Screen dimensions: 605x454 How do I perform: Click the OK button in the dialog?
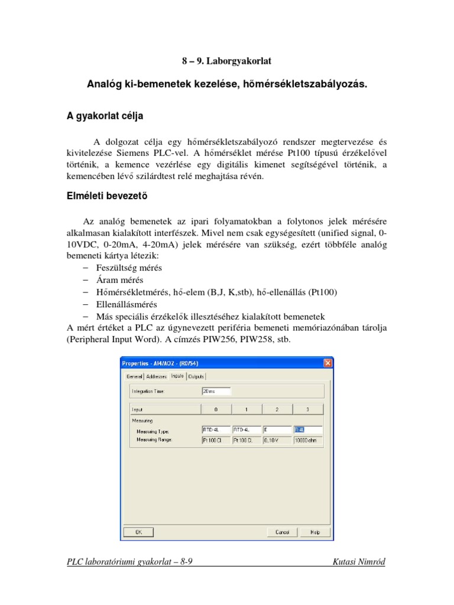(137, 532)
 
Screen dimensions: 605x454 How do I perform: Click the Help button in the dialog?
(315, 532)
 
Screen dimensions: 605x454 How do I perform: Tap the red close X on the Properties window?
(327, 363)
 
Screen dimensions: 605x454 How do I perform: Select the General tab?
(134, 376)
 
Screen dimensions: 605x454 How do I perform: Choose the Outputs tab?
(197, 376)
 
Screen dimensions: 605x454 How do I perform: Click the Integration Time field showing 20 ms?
(216, 391)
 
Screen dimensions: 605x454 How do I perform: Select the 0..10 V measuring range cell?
(277, 440)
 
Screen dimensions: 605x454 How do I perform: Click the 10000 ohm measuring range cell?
(307, 440)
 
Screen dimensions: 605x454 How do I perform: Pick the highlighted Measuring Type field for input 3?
(307, 431)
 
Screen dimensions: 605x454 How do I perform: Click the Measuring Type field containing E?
(277, 431)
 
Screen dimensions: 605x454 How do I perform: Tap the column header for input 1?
(247, 409)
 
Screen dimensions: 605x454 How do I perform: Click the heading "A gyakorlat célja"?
(105, 115)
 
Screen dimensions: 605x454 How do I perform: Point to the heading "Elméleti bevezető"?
(107, 198)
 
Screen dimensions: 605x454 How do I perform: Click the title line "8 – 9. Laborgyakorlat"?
(226, 61)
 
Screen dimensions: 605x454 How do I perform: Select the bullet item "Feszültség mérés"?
(129, 268)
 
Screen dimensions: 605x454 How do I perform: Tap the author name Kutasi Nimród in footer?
(359, 562)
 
